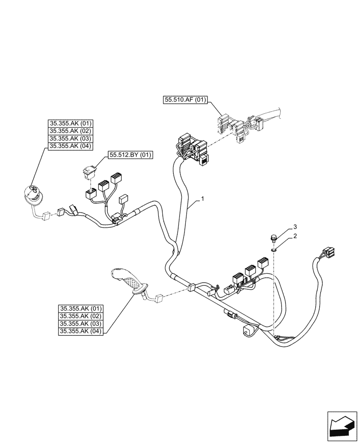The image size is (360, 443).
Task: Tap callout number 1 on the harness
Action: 202,199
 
